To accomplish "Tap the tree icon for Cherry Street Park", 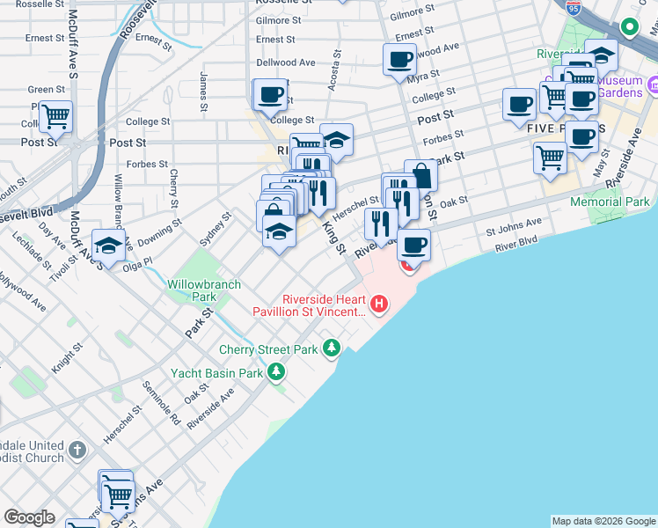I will pos(332,348).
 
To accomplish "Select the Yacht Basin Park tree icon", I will pos(276,372).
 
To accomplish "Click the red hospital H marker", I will pos(379,305).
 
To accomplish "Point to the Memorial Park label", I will pos(610,202).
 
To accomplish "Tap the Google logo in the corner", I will pos(29,517).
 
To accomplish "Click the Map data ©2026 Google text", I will pos(603,521).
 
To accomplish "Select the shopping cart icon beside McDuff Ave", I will pos(55,115).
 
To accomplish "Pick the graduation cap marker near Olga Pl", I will pos(108,246).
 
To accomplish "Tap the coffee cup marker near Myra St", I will pos(399,60).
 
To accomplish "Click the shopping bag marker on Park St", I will pos(420,175).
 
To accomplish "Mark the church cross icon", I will pos(77,451).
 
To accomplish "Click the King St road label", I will pos(333,238).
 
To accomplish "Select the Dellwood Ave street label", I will pos(285,62).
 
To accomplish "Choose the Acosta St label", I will pos(334,72).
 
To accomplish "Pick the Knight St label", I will pos(68,358).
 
